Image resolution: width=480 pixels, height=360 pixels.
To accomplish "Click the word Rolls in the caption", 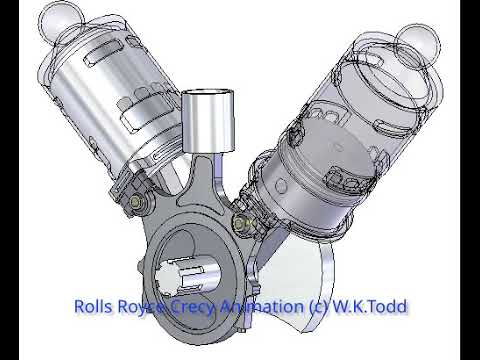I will coord(96,306).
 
